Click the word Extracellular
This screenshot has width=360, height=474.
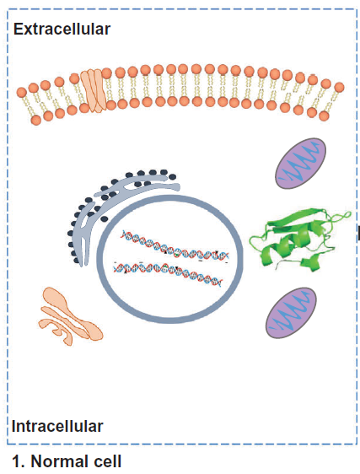click(x=62, y=30)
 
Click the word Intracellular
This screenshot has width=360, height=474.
click(x=57, y=426)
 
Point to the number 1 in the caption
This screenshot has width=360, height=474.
click(x=17, y=461)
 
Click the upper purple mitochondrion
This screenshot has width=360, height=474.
click(x=300, y=164)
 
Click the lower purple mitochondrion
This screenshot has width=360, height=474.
click(x=291, y=313)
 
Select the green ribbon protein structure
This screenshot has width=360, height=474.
click(x=299, y=239)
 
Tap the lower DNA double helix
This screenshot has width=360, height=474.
click(x=168, y=272)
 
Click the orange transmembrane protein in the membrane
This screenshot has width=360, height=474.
click(x=93, y=90)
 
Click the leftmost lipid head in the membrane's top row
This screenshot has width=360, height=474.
click(x=22, y=93)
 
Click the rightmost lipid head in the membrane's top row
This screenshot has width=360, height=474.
click(x=339, y=88)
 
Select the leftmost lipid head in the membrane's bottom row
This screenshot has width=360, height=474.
click(x=36, y=120)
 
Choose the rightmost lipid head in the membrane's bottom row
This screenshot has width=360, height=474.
click(x=324, y=116)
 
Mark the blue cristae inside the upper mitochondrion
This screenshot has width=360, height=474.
click(x=299, y=164)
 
